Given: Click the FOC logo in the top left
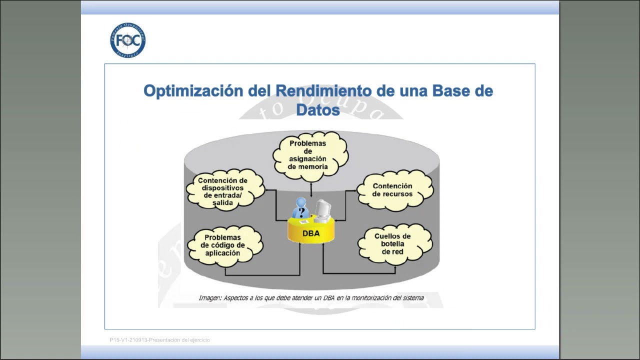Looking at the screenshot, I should click(x=128, y=40).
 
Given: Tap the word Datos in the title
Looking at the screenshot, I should click(x=318, y=109).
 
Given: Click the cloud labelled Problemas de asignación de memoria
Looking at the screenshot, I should click(x=310, y=155).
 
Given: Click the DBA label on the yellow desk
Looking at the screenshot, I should click(x=311, y=233).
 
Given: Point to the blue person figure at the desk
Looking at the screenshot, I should click(x=300, y=209).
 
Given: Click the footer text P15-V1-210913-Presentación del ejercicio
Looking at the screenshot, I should click(x=160, y=340).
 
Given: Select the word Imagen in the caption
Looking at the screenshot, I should click(x=209, y=298).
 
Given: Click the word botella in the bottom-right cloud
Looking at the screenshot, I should click(x=393, y=244).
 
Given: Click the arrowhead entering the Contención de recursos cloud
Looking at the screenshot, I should click(x=358, y=190).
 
